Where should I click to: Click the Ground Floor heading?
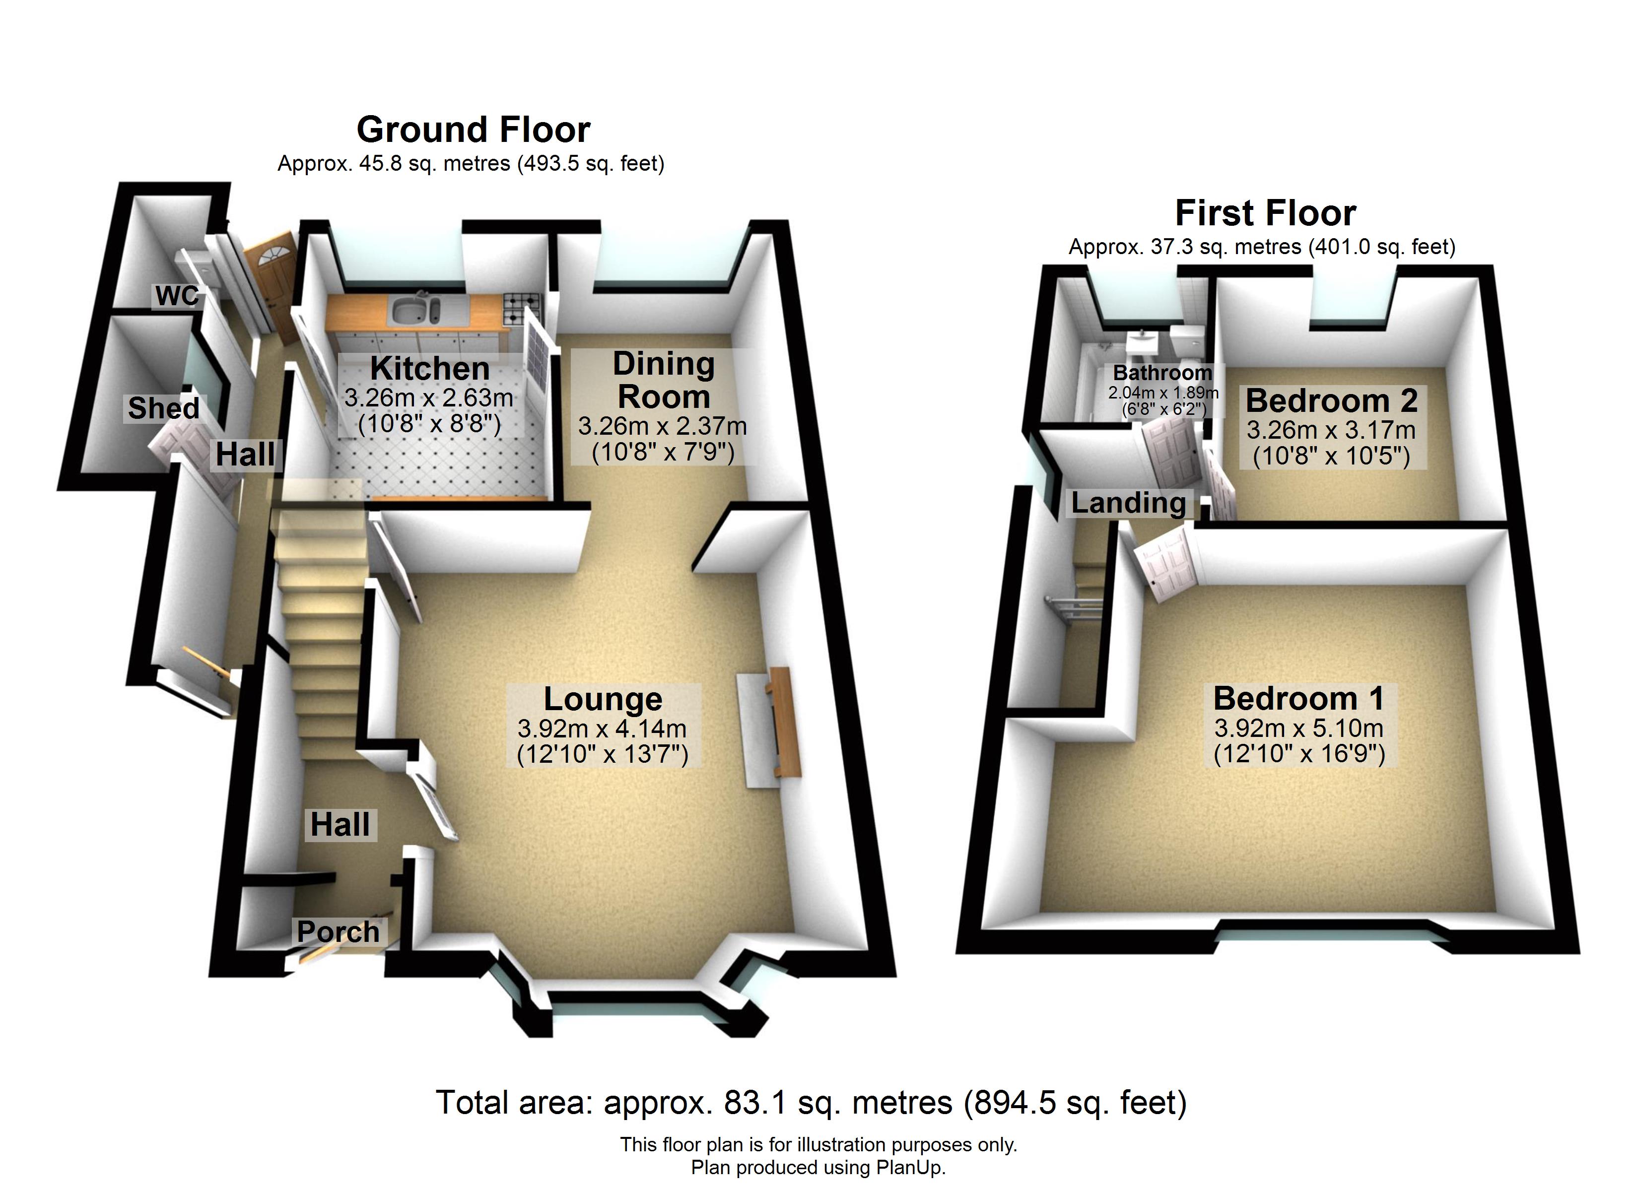[473, 130]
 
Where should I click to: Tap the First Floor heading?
[1265, 213]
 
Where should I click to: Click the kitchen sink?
[416, 311]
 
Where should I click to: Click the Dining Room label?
[664, 381]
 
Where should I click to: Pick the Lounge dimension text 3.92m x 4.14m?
[602, 729]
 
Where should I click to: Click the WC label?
[177, 295]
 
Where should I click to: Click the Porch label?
[338, 932]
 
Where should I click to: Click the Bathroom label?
[1162, 373]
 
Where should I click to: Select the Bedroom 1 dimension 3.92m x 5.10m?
[1298, 728]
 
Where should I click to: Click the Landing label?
[1128, 503]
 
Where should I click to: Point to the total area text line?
[811, 1103]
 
